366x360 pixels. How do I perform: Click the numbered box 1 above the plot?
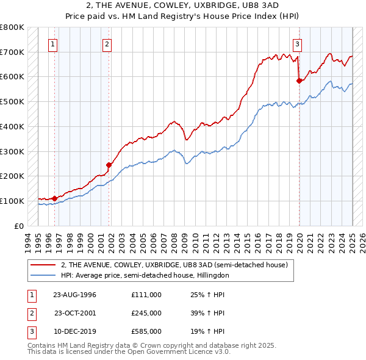coord(54,43)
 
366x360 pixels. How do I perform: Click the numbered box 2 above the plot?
coord(107,43)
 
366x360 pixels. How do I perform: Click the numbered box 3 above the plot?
coord(297,43)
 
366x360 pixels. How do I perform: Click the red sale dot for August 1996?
coord(54,198)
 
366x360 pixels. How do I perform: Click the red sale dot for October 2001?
coord(109,164)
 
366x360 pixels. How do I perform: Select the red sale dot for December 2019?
coord(299,80)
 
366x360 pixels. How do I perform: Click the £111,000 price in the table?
coord(146,295)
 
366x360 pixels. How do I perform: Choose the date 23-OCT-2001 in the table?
coord(74,313)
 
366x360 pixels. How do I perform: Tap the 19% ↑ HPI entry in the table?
coord(208,331)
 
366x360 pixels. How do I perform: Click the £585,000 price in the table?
coord(146,331)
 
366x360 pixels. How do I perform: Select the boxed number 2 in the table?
coord(31,313)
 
